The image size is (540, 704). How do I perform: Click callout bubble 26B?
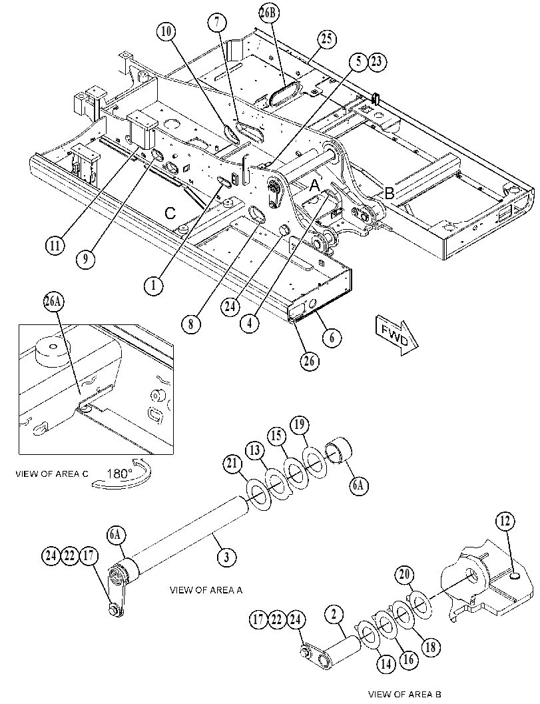pos(268,13)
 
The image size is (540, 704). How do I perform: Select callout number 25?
pos(328,39)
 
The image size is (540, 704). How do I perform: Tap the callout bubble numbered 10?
pos(166,31)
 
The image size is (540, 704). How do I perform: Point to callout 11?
pos(55,246)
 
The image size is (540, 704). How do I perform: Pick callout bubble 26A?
pos(53,302)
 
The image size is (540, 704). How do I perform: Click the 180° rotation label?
pos(119,474)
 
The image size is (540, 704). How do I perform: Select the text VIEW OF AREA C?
pos(52,474)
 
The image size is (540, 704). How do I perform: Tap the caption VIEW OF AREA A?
pos(206,590)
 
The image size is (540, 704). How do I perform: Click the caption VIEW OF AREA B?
pos(405,694)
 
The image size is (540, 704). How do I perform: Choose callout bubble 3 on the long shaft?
pos(227,557)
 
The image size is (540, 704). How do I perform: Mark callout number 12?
pos(505,522)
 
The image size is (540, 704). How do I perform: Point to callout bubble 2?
pos(334,615)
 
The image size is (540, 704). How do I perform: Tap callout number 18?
pos(431,647)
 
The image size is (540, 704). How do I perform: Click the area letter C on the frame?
pos(170,213)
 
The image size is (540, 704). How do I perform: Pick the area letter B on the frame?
pos(389,194)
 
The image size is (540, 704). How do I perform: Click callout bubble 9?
pos(85,258)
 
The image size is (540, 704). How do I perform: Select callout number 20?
pos(405,575)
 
